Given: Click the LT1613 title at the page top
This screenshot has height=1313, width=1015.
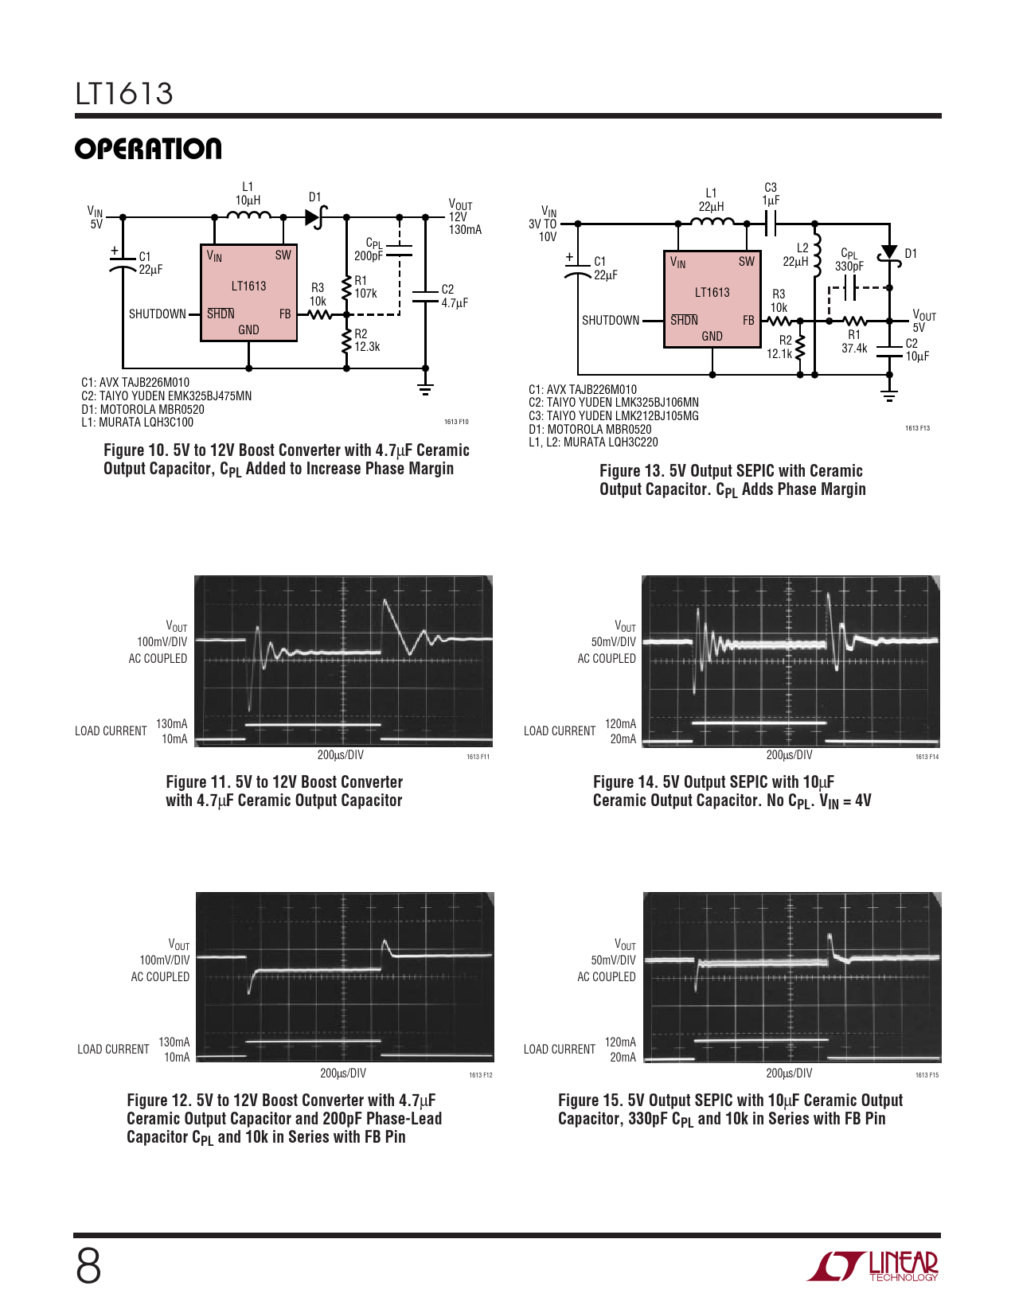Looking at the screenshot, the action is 124,94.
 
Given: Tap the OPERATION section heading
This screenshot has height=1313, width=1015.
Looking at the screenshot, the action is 148,149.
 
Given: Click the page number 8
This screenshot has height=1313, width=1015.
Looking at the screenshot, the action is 88,1267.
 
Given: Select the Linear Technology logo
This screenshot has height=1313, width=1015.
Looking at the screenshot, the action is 873,1267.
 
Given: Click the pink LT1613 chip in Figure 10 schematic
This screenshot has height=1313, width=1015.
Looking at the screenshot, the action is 248,293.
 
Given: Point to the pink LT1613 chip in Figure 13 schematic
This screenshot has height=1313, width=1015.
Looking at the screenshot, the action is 712,299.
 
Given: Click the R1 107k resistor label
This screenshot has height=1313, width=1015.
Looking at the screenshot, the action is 365,287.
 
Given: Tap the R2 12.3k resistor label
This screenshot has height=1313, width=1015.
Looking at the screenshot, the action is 367,340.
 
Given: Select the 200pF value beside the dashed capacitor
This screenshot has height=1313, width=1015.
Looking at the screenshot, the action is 368,256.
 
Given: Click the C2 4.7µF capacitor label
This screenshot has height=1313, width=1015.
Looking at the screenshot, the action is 455,296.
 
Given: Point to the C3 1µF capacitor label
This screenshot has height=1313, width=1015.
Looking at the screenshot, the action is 771,194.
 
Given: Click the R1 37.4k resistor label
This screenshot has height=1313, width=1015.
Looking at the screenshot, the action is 854,341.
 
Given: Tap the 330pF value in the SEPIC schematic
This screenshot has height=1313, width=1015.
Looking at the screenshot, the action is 849,267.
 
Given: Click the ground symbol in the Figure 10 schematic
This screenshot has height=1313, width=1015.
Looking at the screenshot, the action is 426,388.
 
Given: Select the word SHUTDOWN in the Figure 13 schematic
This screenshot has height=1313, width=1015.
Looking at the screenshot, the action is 611,320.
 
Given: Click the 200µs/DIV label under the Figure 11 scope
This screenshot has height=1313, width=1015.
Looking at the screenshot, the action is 341,754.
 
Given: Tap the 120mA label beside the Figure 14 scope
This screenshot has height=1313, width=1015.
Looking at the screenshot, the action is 620,724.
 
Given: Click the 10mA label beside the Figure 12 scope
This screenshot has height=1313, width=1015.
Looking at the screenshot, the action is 177,1057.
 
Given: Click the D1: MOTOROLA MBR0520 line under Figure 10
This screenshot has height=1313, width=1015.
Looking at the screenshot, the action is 142,409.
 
